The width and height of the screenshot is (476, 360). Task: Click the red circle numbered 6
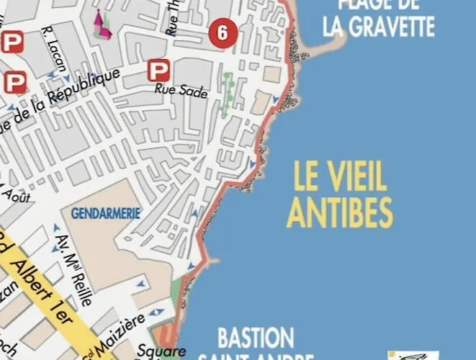point(223,32)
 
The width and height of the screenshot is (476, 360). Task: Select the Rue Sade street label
point(182,91)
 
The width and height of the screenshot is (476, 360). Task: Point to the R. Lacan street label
point(54,45)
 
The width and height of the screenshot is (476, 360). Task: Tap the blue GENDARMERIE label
point(105,213)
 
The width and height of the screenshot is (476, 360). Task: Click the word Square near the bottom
point(171,352)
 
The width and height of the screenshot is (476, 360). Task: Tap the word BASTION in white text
point(256,338)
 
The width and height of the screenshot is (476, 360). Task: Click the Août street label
point(16,194)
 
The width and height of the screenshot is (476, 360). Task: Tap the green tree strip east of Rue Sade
point(228,94)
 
